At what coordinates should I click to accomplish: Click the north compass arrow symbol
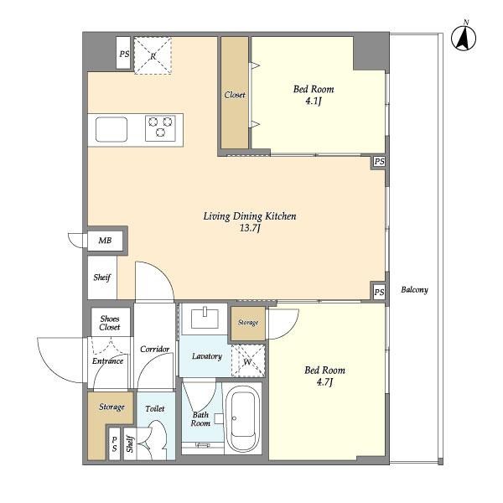464,38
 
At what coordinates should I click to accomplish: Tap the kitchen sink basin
111,129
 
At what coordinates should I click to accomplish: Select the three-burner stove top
160,128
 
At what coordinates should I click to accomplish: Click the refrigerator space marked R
153,56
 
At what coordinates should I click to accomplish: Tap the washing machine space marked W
248,360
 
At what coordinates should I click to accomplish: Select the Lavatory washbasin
205,319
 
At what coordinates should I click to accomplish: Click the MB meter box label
105,241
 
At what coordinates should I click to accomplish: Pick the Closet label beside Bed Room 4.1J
235,95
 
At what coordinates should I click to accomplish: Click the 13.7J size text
250,228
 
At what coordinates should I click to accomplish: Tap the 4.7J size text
324,382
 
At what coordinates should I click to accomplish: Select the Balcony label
414,290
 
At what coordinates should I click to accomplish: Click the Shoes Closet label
110,323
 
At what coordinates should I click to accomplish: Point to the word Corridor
154,349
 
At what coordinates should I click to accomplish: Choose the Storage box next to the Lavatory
248,324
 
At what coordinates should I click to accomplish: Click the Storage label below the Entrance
111,407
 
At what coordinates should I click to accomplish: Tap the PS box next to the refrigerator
123,53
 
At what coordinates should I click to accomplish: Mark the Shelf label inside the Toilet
130,443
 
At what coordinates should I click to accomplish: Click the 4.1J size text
314,101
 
